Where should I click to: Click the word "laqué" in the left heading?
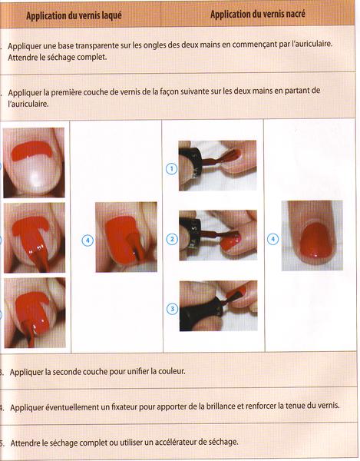click(x=111, y=16)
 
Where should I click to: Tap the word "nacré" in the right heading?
click(x=294, y=14)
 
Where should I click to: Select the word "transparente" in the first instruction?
click(x=95, y=45)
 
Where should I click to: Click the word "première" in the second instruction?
click(x=66, y=92)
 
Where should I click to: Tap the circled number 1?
click(x=171, y=169)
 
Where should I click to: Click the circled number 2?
click(x=172, y=239)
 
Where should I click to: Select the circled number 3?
click(x=173, y=309)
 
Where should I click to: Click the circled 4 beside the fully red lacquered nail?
click(x=88, y=240)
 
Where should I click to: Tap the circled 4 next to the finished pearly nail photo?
click(x=272, y=239)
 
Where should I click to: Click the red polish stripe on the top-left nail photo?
click(x=31, y=151)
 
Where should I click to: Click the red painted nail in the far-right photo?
click(x=316, y=240)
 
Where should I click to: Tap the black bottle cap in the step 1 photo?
click(x=190, y=165)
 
